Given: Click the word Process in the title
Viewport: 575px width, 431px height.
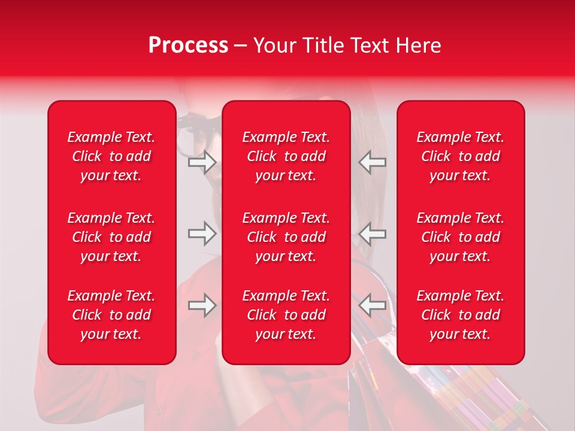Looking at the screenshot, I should pyautogui.click(x=188, y=45).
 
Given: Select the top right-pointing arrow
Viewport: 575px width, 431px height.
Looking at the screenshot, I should pyautogui.click(x=202, y=162).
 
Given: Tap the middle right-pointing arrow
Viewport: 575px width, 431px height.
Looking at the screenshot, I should pyautogui.click(x=202, y=233).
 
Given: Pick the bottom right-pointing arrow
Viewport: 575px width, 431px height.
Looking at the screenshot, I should pyautogui.click(x=202, y=305).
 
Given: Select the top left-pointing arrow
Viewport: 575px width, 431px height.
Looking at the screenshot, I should pyautogui.click(x=373, y=162).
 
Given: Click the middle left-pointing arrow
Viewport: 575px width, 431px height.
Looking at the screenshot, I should pyautogui.click(x=373, y=233).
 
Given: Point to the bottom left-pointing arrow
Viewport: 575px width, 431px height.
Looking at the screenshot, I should pyautogui.click(x=373, y=305).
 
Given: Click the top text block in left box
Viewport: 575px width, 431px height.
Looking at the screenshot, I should pyautogui.click(x=111, y=156).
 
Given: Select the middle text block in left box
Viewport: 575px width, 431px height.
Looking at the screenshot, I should pyautogui.click(x=111, y=237).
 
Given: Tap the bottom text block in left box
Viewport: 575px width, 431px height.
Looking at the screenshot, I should pyautogui.click(x=111, y=315).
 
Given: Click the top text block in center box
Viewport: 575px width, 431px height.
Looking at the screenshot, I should pyautogui.click(x=286, y=156).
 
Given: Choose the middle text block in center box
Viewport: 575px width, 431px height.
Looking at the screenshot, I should pyautogui.click(x=286, y=237).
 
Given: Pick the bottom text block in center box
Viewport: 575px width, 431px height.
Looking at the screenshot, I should pyautogui.click(x=286, y=315).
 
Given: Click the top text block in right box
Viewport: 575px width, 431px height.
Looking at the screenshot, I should pyautogui.click(x=460, y=156).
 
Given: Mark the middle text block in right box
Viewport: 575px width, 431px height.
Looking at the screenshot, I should pyautogui.click(x=460, y=237).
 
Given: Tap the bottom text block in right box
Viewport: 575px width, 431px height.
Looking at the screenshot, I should pyautogui.click(x=460, y=315).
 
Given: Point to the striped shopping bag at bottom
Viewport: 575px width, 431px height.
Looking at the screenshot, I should pyautogui.click(x=467, y=395).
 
